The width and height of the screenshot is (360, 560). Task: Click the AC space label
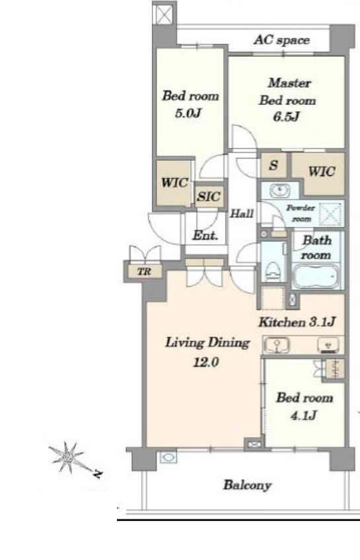pos(281,40)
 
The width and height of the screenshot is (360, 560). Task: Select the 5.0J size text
pos(188,113)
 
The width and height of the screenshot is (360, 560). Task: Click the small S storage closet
pos(273,165)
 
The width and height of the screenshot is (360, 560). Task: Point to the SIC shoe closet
pos(209,196)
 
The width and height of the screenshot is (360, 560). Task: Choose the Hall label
pos(241,213)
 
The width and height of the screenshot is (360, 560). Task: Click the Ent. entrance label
pos(205,235)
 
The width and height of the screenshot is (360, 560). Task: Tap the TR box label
pos(144,272)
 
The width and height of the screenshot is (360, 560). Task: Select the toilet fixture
pos(273,271)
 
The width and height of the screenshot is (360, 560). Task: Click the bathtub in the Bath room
pos(315,276)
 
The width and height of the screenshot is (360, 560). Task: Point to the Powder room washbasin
pos(279,190)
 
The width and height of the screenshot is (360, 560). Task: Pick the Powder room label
pos(301,213)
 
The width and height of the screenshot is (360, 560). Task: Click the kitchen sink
pos(277,345)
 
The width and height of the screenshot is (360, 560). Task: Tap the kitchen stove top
pos(328,345)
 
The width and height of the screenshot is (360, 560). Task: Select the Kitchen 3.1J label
pos(297,322)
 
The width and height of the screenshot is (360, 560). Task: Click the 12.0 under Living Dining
pos(205,363)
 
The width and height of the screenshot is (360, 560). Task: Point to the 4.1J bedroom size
pos(304,415)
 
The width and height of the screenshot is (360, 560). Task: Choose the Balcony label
pos(248,485)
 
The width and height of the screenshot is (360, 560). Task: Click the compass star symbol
pos(67,457)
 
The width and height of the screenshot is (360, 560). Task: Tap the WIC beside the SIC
pos(174,183)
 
